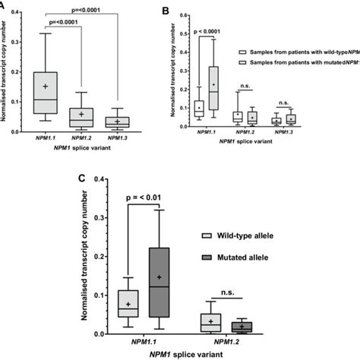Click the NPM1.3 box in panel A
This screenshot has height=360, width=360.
(116, 122)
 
